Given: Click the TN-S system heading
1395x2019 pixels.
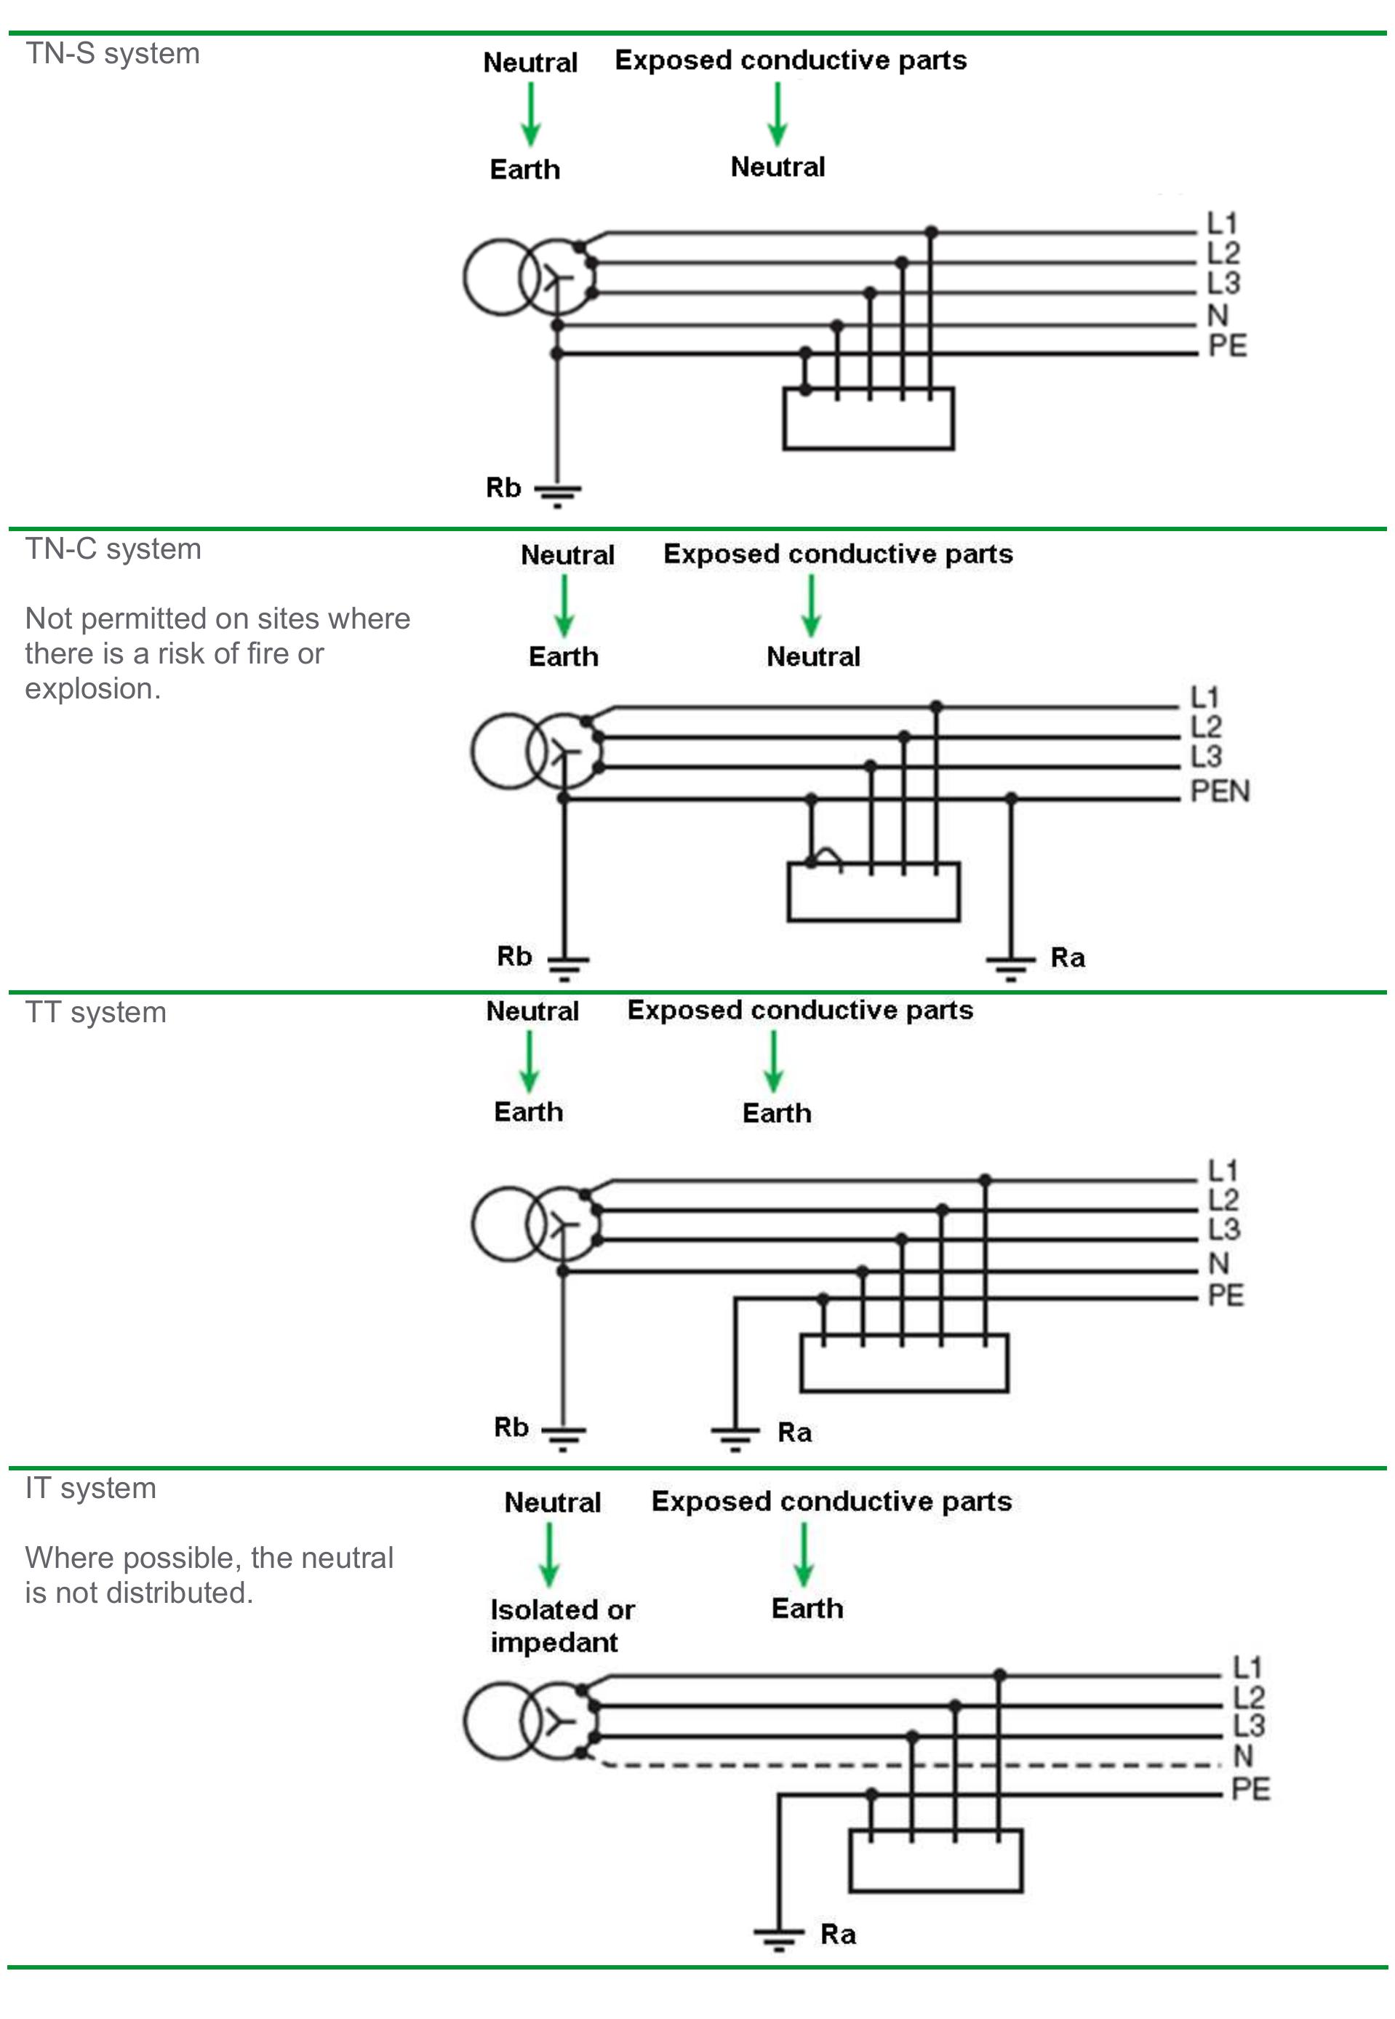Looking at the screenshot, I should pos(112,53).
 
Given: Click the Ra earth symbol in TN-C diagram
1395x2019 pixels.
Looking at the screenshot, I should pos(1010,965).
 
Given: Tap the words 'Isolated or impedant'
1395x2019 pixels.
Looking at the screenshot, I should pos(561,1625).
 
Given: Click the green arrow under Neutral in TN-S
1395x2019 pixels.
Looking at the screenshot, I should pos(530,114).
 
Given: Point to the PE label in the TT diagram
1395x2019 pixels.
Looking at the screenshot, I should pos(1225,1295).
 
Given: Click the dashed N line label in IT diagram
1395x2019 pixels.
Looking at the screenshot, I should pos(1242,1755).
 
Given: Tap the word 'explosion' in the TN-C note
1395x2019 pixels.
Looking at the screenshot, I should pos(92,689).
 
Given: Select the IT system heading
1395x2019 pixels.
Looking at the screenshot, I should pos(90,1487).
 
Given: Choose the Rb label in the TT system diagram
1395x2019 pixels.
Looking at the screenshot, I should pos(511,1427).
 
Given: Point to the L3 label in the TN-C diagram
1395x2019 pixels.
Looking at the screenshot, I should pos(1205,755).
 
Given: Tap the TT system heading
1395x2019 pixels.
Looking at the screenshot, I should pos(95,1012).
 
